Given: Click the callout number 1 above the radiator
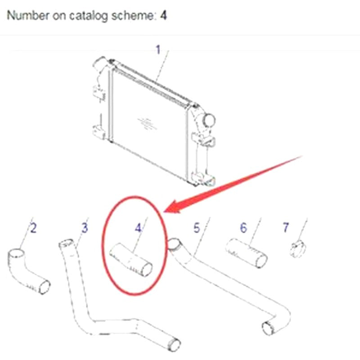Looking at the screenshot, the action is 158,49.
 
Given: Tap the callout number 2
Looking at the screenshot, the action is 33,228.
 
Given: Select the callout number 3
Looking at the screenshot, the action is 85,228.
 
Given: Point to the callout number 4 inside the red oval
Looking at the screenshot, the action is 138,228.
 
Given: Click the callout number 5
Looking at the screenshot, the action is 197,228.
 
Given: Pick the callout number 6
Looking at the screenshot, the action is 243,228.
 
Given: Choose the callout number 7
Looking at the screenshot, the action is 286,227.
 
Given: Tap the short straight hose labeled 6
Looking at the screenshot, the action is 246,253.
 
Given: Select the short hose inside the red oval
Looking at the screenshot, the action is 131,260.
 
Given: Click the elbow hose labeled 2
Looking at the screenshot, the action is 27,270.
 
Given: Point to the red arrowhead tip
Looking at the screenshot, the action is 164,211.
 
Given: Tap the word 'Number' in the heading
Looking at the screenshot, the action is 28,15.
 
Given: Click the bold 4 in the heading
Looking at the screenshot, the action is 163,15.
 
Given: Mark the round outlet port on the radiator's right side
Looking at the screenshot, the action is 209,120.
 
